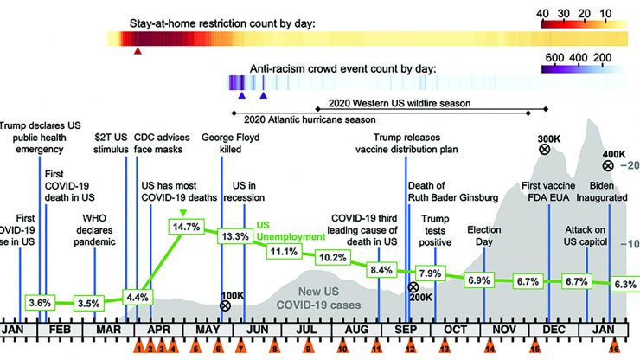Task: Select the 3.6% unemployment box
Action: click(x=40, y=303)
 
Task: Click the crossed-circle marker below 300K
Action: click(x=544, y=150)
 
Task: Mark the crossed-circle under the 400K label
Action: click(x=608, y=165)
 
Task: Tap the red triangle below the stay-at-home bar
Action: click(x=138, y=52)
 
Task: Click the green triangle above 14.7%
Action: click(x=182, y=213)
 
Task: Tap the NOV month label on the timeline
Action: click(x=505, y=330)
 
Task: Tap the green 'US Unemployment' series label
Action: click(x=285, y=229)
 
